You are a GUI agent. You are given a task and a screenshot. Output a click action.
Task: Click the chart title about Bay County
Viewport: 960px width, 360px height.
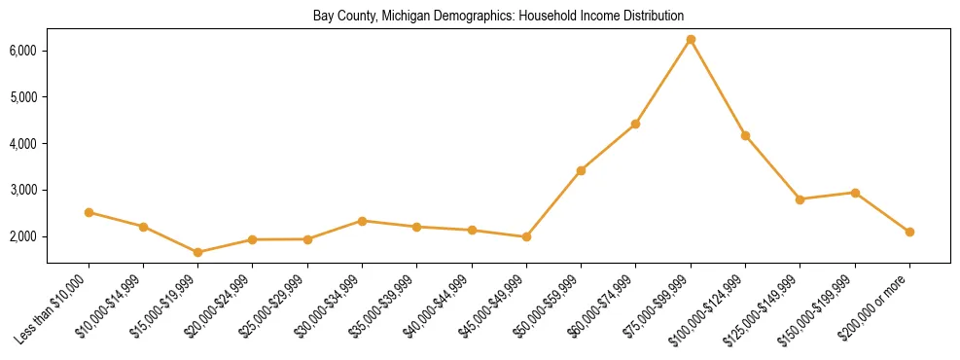pyautogui.click(x=498, y=17)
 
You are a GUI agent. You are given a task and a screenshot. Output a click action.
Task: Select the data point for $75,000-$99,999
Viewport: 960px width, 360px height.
pyautogui.click(x=691, y=40)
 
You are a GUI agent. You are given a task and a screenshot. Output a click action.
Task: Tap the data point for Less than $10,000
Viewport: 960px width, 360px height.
pyautogui.click(x=89, y=212)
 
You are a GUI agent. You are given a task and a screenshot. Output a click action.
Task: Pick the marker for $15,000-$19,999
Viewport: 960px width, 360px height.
pyautogui.click(x=197, y=252)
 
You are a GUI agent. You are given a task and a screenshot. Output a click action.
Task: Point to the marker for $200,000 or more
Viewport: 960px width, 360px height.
pyautogui.click(x=909, y=232)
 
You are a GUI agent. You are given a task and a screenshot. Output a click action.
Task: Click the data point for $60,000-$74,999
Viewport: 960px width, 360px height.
pyautogui.click(x=635, y=124)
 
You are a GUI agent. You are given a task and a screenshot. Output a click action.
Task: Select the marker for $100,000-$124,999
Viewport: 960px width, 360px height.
pyautogui.click(x=745, y=135)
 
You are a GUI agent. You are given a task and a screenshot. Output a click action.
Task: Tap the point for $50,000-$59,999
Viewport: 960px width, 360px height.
pyautogui.click(x=581, y=170)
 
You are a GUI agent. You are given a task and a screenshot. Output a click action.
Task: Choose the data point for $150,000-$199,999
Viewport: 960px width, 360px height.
pyautogui.click(x=855, y=193)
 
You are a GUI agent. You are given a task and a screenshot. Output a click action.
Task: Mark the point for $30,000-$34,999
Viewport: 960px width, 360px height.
pyautogui.click(x=362, y=221)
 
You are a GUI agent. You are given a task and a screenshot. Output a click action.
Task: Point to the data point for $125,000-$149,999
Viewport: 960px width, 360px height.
pyautogui.click(x=800, y=199)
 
